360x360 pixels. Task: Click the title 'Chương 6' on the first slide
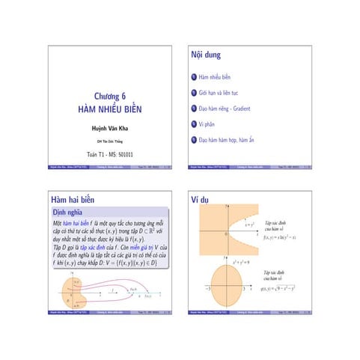[109, 96]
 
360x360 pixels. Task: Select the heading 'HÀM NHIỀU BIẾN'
[109, 109]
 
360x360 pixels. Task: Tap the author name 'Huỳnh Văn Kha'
[109, 128]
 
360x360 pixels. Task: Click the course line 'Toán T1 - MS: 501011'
[109, 153]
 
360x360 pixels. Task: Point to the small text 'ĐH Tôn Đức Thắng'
[109, 141]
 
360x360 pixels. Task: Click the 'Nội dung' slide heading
[207, 55]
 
